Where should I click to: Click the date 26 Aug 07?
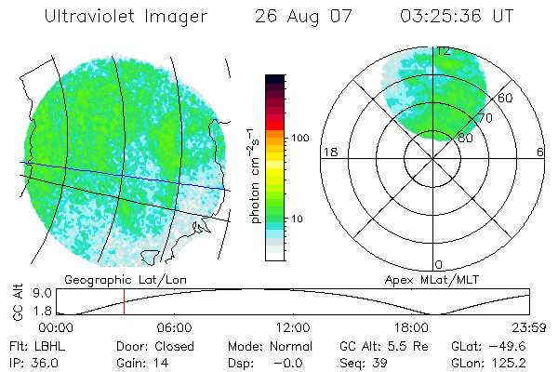(301, 17)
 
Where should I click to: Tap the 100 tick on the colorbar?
(300, 137)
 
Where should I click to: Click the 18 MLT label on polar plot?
(328, 152)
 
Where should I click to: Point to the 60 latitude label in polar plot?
(506, 98)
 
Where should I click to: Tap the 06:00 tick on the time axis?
(174, 327)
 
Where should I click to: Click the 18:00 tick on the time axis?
(411, 327)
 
